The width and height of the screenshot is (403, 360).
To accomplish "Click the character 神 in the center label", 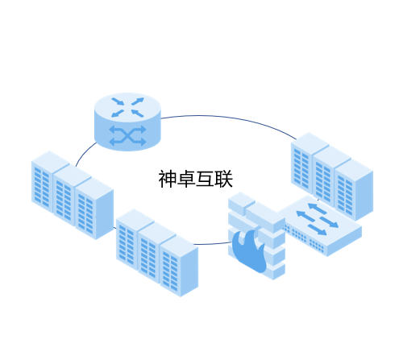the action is point(168,179).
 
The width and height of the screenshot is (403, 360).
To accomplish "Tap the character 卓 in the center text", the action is point(186,179).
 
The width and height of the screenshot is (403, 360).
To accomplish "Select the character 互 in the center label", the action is point(205,179).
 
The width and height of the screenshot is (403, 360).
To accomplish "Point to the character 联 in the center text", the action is point(223,179).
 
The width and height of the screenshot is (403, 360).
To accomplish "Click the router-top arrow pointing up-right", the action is point(138,101).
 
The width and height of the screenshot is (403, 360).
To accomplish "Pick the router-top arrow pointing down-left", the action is point(118,114).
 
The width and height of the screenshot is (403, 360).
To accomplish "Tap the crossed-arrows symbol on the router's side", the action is point(127,135).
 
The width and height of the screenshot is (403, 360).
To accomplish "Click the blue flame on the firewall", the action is point(249,250).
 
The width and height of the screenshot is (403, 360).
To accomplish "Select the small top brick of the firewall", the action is point(242,204).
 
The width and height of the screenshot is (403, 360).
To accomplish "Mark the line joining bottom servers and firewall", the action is point(212,244).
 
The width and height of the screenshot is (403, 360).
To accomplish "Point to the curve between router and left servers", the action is point(85,153).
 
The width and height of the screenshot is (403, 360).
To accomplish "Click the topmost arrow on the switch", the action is point(317,209).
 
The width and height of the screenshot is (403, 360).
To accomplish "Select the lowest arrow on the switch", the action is point(317,230).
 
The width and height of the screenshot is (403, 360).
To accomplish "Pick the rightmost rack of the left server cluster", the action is point(94,209).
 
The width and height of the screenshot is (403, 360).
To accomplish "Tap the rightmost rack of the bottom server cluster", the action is point(179,267).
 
